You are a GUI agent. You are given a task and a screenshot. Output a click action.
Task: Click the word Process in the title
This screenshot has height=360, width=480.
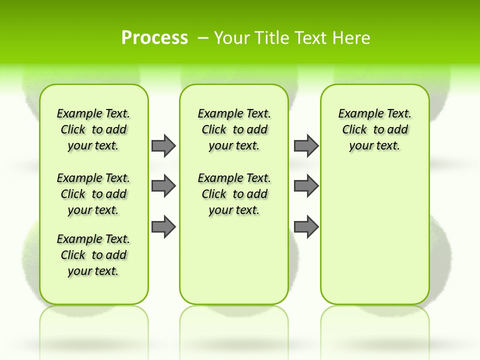click(154, 37)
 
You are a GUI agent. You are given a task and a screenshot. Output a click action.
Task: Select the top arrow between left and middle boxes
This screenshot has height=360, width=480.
click(163, 145)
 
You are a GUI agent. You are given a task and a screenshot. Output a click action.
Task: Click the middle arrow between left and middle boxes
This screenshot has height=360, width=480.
click(163, 186)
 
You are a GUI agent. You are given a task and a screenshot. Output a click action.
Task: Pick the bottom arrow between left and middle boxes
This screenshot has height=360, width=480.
click(163, 226)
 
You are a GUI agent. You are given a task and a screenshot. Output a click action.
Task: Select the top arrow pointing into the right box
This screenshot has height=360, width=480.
click(306, 145)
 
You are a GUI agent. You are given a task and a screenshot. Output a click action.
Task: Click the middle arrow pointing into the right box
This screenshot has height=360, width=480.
click(306, 186)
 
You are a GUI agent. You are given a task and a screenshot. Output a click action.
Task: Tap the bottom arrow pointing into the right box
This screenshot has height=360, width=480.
click(306, 226)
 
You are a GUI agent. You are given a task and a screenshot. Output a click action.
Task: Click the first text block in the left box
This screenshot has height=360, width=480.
click(93, 129)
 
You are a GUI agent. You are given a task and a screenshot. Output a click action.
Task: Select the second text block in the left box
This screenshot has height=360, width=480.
click(93, 194)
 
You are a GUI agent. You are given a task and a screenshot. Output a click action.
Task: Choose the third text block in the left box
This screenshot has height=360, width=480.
click(93, 255)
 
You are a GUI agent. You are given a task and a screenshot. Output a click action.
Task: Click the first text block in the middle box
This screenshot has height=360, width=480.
click(234, 129)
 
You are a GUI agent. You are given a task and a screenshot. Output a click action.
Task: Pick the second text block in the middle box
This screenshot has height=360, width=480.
click(234, 194)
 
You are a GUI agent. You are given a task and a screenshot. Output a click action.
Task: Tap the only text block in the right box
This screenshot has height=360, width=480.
click(375, 129)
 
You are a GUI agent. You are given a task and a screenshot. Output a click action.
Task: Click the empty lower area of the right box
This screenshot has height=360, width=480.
click(375, 235)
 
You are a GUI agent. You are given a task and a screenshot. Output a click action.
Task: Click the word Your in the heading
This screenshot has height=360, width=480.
click(232, 37)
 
